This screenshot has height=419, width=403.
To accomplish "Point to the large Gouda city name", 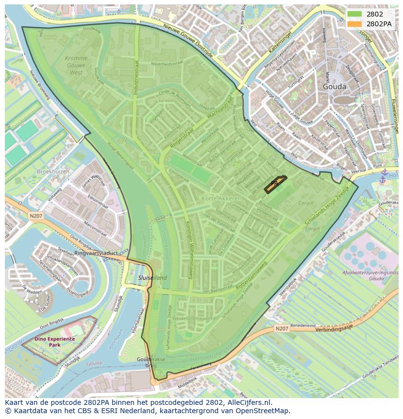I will click(x=334, y=87).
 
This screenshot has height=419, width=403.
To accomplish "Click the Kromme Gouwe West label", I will click(x=76, y=65).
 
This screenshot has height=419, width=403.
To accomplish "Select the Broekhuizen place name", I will click(x=53, y=172).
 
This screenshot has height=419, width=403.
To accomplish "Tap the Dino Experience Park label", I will click(x=55, y=342).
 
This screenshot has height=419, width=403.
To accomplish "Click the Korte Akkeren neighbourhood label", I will click(x=221, y=199).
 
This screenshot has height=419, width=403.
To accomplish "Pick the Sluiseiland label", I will click(x=152, y=278).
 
